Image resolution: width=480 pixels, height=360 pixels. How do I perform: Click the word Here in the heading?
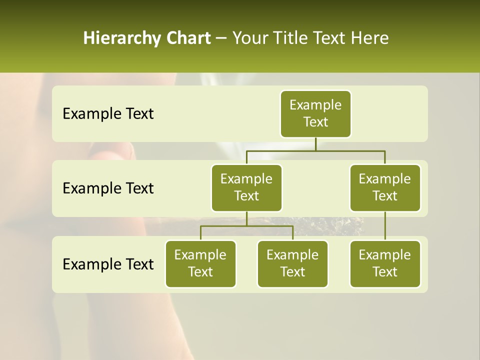coord(369,38)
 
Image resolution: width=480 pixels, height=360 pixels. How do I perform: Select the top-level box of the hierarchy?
coord(315,114)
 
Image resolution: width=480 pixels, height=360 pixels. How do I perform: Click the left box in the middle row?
coord(246,188)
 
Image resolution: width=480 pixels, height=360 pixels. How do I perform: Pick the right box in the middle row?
coord(385,188)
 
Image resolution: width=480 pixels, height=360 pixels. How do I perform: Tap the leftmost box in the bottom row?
coord(200,264)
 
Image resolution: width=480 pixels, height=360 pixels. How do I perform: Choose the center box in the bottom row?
coord(292,264)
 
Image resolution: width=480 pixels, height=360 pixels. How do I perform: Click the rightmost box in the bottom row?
coord(385,264)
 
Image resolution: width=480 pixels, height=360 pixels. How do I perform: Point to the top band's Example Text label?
coord(108,114)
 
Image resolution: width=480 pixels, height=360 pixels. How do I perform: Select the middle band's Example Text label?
coord(108,188)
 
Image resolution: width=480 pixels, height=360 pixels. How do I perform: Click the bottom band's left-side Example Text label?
coord(108,264)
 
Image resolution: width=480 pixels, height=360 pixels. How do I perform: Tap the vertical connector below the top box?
coord(315,144)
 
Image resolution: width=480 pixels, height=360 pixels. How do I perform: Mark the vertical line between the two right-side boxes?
coord(385,226)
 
